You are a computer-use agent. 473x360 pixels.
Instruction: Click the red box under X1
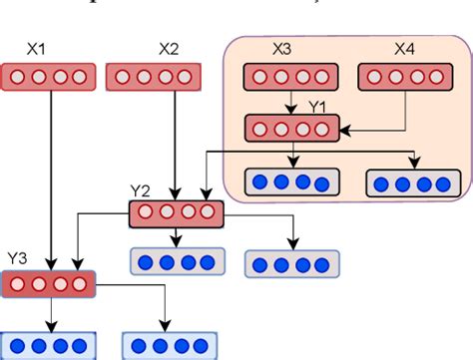click(49, 76)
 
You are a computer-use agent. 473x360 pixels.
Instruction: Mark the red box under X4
click(404, 77)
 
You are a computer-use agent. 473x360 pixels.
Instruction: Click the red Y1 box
click(291, 128)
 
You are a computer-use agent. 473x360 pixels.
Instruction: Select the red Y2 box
click(178, 212)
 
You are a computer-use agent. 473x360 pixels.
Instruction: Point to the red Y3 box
click(49, 283)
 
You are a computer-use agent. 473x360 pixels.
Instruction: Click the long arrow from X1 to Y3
click(49, 180)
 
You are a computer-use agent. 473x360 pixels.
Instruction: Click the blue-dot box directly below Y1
click(291, 181)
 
